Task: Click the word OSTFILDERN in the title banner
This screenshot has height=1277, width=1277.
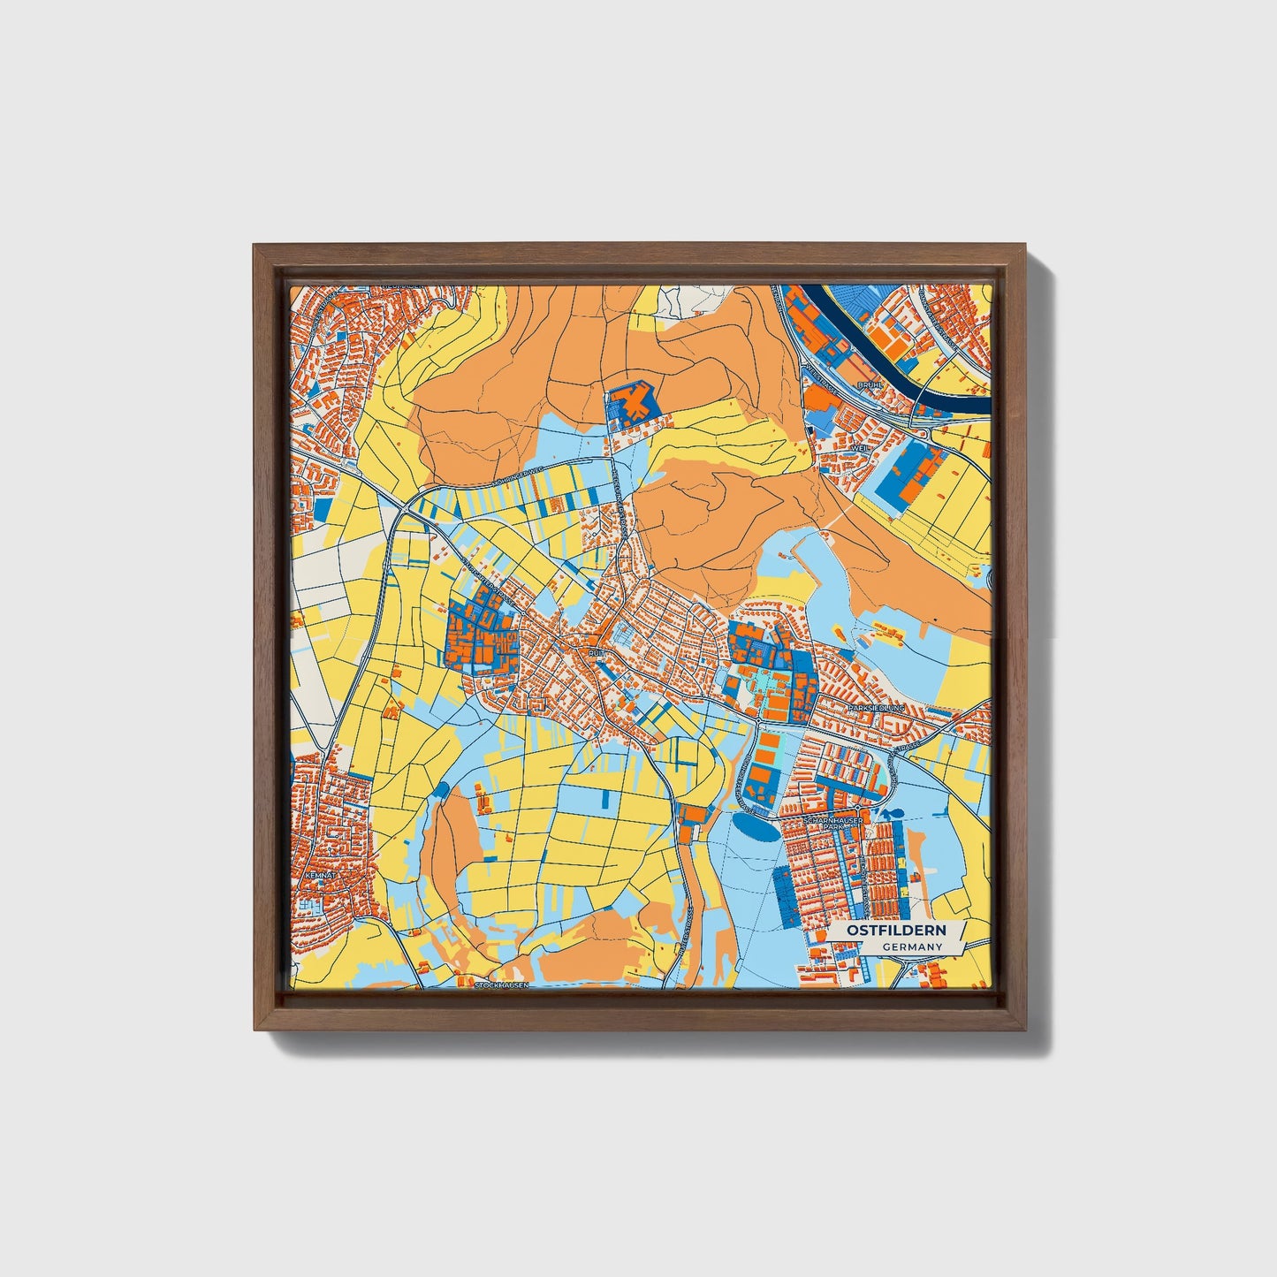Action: coord(895,931)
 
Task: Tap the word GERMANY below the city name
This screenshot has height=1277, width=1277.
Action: coord(912,947)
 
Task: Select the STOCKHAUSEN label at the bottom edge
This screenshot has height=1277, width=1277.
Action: coord(501,984)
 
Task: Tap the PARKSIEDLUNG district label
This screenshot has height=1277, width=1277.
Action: coord(876,709)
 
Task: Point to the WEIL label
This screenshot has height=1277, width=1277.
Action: coord(858,448)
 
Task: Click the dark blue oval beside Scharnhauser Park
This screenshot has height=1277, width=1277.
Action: coord(756,829)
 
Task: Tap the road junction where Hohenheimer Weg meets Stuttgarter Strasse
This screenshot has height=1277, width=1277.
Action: coord(405,511)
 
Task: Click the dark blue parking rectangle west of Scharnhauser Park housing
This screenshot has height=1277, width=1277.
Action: coord(783,894)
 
